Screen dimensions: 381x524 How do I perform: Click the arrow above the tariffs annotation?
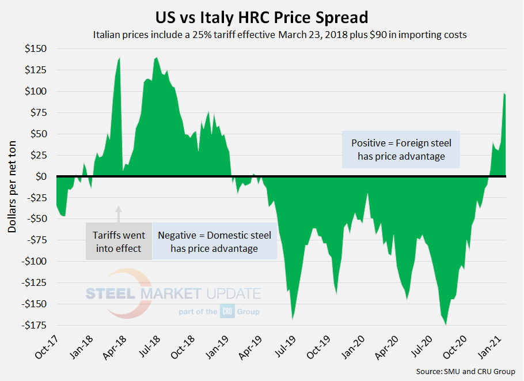(x=119, y=213)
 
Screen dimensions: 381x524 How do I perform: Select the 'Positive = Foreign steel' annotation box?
(x=401, y=149)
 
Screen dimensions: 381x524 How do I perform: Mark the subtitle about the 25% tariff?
(x=280, y=35)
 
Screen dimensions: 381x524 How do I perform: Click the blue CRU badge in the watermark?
(x=226, y=312)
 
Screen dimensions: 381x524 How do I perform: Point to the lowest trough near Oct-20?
(x=446, y=325)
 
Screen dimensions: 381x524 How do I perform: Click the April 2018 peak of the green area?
(x=119, y=58)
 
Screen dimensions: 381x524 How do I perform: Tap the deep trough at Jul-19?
(x=293, y=319)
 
